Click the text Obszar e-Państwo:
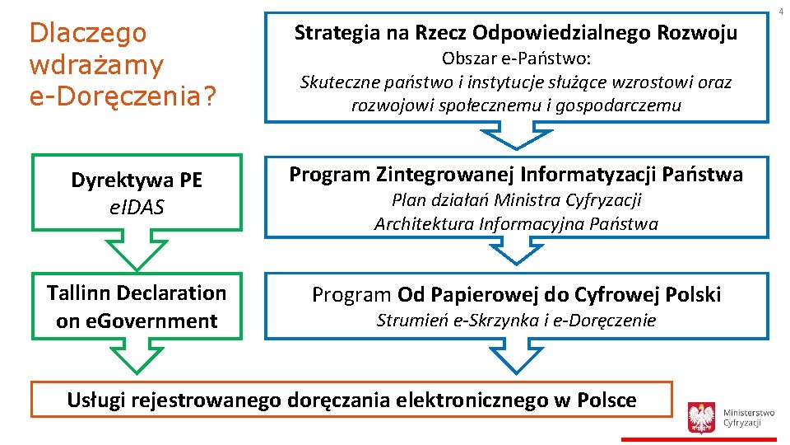516,59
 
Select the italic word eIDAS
137,208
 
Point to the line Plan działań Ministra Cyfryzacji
516,200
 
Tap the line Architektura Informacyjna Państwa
516,223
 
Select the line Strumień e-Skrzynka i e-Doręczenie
516,321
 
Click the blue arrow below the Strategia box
516,135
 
